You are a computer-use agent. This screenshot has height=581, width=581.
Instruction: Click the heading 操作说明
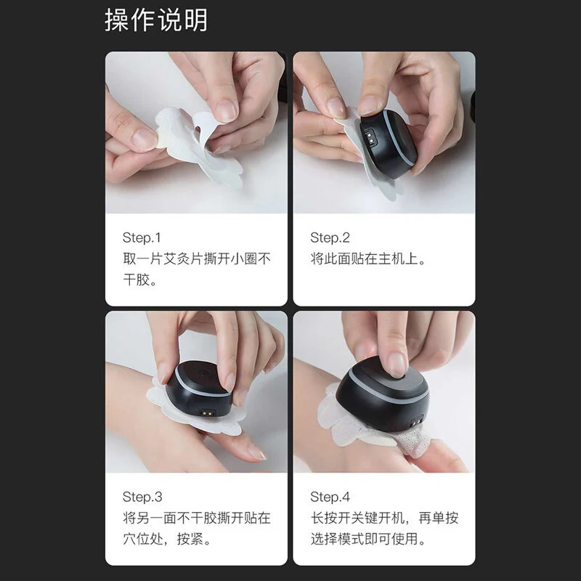coord(156,20)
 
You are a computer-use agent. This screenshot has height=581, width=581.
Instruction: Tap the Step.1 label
coord(142,237)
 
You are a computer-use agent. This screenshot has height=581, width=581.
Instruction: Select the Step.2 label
coord(330,237)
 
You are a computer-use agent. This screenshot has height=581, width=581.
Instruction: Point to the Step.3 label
coord(142,497)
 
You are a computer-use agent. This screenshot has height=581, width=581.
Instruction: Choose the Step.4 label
coord(330,497)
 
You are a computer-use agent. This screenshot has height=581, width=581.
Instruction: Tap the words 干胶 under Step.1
coord(136,280)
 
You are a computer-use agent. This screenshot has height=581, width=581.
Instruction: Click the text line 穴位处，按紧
coord(163,539)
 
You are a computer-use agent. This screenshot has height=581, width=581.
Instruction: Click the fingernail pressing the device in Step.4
coord(397,365)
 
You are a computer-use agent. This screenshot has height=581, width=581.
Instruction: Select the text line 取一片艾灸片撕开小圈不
coord(196,259)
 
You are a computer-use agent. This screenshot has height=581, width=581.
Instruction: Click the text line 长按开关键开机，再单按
coord(384,518)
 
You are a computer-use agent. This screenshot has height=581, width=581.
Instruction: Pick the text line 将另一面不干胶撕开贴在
coord(196,518)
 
